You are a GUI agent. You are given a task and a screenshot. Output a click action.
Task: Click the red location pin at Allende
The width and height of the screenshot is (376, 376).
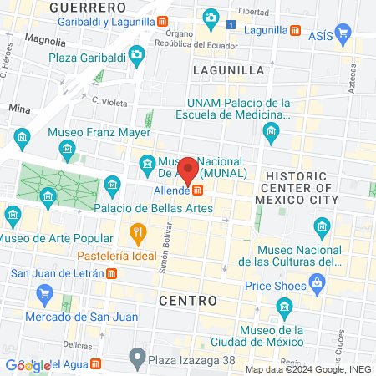[189, 170]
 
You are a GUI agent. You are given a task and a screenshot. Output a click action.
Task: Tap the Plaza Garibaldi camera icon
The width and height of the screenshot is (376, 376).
[137, 55]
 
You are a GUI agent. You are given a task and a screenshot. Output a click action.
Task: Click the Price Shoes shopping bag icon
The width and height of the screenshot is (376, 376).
[318, 285]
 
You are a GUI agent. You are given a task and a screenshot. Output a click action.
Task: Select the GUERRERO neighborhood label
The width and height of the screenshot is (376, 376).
[81, 7]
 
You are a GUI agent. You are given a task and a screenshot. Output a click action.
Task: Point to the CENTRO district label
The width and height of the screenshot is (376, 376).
[189, 299]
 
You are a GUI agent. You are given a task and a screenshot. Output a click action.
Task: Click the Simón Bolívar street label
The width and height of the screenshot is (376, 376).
[165, 246]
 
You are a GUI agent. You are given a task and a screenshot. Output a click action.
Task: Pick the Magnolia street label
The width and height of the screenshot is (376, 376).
[46, 38]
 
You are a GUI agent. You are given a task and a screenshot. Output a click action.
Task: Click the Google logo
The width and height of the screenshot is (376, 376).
[25, 365]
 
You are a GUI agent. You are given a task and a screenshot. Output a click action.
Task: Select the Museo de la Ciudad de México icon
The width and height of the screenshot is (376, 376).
[285, 311]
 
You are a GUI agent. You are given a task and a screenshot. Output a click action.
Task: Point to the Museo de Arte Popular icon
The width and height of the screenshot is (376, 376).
[13, 217]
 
